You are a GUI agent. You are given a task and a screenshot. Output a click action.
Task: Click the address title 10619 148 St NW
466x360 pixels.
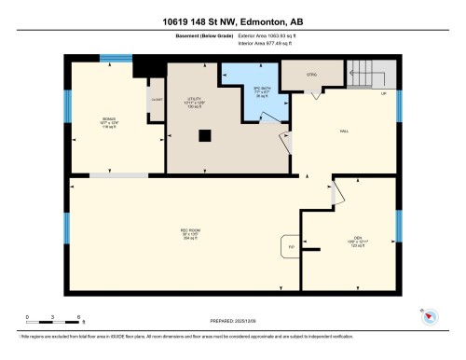(x=233, y=21)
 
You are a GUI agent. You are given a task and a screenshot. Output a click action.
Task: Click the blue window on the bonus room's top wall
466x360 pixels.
(x=114, y=60)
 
